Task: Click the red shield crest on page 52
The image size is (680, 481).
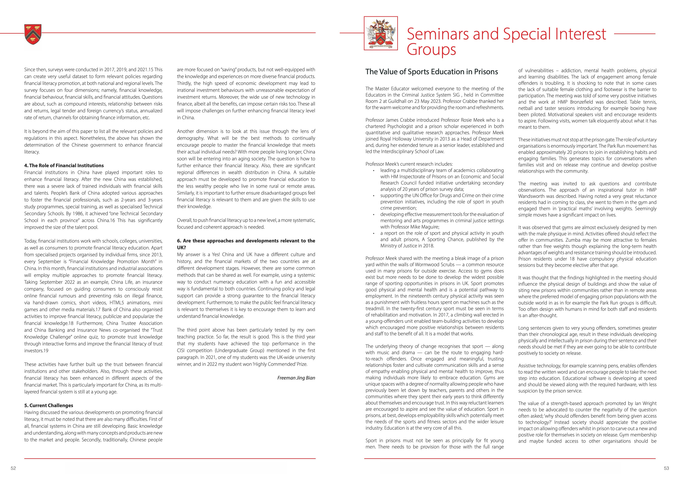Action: (33, 34)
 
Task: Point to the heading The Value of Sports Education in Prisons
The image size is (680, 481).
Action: (432, 72)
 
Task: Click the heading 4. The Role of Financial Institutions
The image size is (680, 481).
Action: (64, 165)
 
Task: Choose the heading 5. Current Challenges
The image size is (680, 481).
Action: (49, 405)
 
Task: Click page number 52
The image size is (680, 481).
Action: (13, 468)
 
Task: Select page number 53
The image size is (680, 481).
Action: (666, 468)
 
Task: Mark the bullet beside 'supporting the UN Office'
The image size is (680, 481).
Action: (374, 196)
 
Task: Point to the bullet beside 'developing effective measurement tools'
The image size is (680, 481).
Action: (374, 214)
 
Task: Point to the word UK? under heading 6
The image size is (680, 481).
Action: (182, 248)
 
